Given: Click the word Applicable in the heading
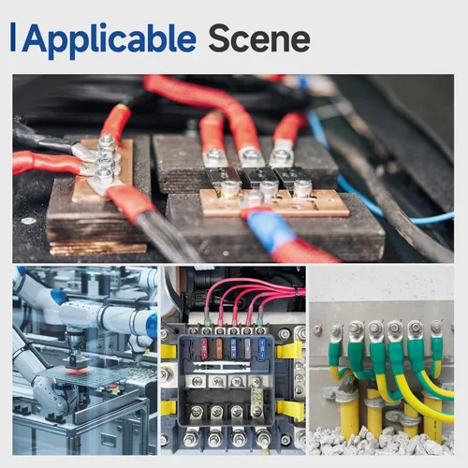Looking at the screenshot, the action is coord(109,40).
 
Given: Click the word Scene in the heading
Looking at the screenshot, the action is coord(259,38).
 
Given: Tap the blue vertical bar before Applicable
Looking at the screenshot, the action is coord(13,37).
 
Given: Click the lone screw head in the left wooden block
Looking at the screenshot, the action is coord(28,221).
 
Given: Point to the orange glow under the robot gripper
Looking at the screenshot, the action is coord(76,372).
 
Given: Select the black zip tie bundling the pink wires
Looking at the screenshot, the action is coord(295,292).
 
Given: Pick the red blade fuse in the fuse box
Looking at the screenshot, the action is coord(204,348).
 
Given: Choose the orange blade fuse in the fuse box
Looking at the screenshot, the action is coord(219,348).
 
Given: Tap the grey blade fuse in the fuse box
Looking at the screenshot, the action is coord(247,348).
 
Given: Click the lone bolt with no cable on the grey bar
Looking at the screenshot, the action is coord(317,329).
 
